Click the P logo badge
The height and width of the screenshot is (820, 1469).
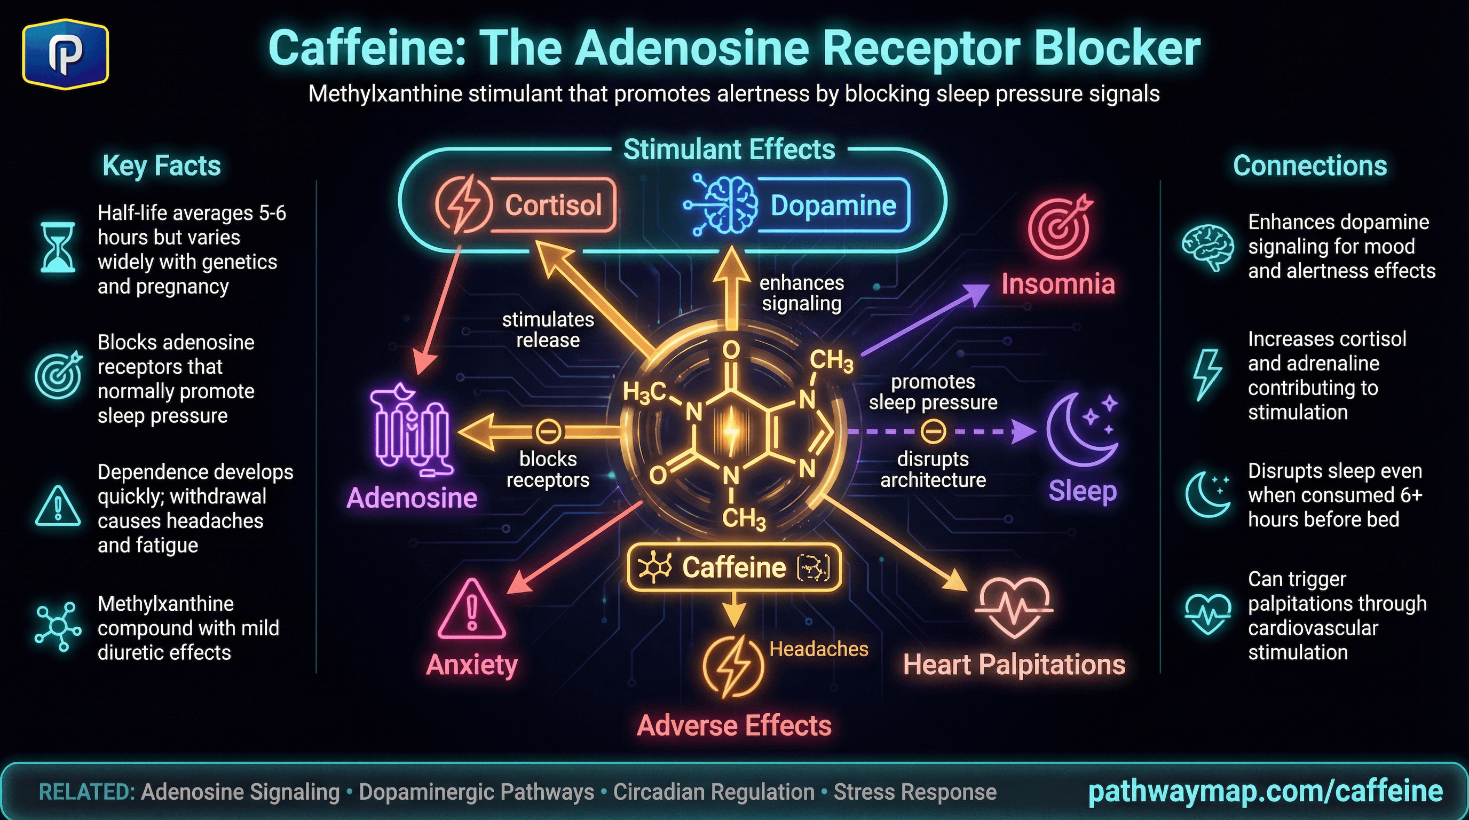click(66, 54)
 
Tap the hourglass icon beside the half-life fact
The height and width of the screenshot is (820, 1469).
click(58, 248)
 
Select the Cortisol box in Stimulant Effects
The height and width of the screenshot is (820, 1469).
click(525, 204)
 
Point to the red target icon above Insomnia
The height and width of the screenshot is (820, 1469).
click(1060, 227)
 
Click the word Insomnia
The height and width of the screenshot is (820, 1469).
click(1058, 283)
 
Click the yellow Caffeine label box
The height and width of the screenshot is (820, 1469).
click(734, 567)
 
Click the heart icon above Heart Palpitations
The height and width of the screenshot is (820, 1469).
click(1014, 608)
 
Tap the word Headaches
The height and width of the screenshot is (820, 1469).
click(818, 649)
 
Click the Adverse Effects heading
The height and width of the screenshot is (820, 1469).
click(734, 726)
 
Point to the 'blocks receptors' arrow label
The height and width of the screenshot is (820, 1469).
click(548, 469)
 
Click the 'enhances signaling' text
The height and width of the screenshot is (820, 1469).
click(801, 293)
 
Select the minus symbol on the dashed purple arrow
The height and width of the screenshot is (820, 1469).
click(933, 432)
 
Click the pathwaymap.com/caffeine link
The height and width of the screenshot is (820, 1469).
click(1265, 792)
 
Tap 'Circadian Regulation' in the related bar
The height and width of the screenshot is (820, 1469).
click(713, 792)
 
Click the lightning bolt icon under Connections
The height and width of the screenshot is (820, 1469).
click(1207, 375)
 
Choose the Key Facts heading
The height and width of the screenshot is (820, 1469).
click(161, 166)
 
